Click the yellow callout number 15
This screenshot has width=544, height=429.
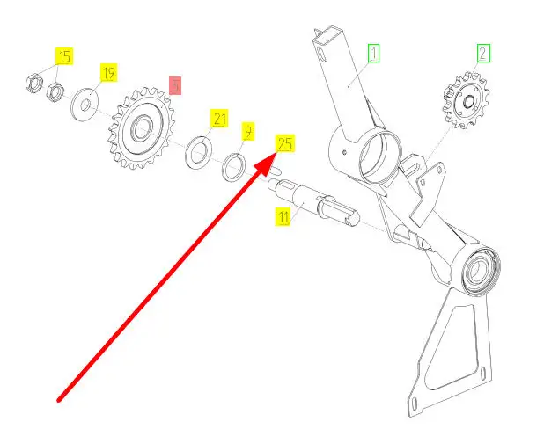coord(64,56)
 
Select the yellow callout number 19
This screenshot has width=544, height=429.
coord(108,73)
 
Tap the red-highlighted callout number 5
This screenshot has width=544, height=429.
coord(175,85)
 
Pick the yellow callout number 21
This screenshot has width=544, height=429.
coord(219,119)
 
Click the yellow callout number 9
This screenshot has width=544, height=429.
coord(247,131)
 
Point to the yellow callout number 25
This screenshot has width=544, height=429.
coord(285,143)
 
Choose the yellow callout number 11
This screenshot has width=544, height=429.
coord(283,216)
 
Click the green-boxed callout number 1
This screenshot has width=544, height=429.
coord(373,54)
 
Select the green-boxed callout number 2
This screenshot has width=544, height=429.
coord(483,54)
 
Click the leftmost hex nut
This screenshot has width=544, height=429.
coord(34,83)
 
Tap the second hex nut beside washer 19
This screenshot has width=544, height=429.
coord(55,91)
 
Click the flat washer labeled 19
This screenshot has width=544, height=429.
coord(85,105)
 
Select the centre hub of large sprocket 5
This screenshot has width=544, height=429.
coord(141,128)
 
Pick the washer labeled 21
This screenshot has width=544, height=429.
coord(198,152)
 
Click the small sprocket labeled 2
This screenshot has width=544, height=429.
coord(466,101)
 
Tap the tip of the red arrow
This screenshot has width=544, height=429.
coord(276,153)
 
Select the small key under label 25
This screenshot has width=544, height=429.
coord(275,171)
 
